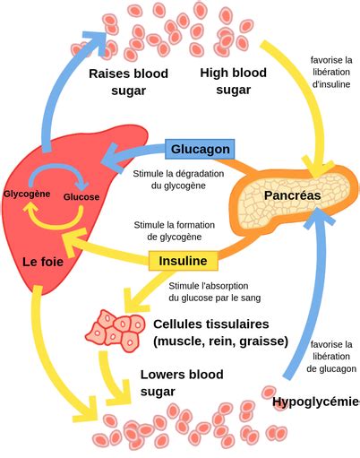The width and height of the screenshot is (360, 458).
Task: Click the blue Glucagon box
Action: [200, 149]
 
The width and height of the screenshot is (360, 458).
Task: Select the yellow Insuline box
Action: [183, 261]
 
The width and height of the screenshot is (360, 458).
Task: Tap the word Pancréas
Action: [293, 195]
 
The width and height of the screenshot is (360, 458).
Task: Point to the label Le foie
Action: [43, 262]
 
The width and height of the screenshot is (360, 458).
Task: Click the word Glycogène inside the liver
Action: [27, 194]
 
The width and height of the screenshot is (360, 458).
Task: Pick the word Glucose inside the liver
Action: [81, 197]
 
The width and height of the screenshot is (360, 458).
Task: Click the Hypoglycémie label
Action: [316, 402]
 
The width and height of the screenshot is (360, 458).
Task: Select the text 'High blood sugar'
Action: [234, 81]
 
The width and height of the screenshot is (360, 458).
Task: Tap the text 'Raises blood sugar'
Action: [129, 82]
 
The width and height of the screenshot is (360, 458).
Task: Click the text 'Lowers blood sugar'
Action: [182, 383]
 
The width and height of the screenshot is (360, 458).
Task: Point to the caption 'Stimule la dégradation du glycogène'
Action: [178, 179]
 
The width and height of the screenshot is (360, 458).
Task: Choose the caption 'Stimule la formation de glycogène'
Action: [175, 230]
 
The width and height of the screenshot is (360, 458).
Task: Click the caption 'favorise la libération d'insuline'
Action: [331, 72]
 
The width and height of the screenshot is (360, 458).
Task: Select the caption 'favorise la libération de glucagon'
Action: [331, 357]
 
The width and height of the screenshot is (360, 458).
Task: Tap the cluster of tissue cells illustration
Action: [116, 331]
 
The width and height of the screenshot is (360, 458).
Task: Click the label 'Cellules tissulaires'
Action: [211, 324]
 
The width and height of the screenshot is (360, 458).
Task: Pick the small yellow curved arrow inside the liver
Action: [54, 221]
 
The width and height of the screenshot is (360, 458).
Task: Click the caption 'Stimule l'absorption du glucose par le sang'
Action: [215, 292]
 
